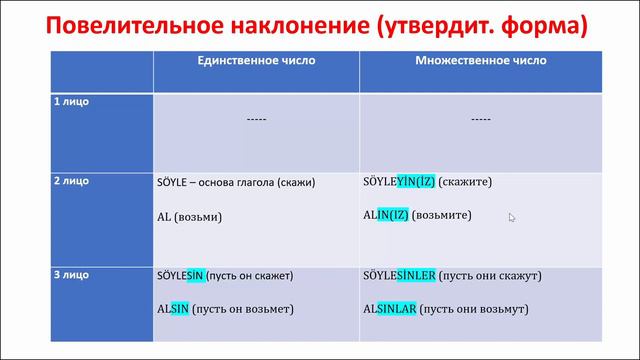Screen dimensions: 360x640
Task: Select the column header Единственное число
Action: (255, 61)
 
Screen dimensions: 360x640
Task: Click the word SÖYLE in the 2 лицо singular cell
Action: (176, 183)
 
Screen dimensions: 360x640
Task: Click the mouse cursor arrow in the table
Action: (511, 216)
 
